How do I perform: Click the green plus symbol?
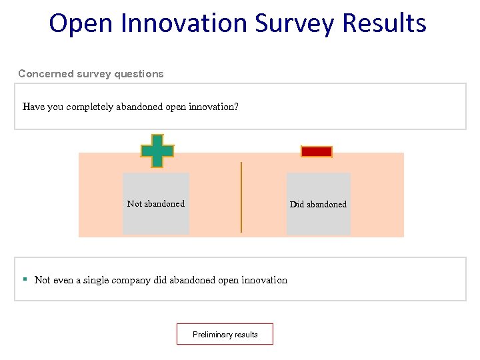click(157, 151)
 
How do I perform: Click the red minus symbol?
click(317, 152)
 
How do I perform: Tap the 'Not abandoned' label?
click(156, 204)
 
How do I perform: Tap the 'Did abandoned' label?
click(318, 205)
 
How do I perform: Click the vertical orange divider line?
click(241, 197)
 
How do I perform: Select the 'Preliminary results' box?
click(225, 335)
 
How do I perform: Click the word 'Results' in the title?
click(384, 23)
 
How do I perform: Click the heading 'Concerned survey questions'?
click(91, 74)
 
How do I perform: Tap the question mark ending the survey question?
click(236, 107)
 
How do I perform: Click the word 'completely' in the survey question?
click(91, 107)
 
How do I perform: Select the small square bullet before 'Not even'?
click(25, 279)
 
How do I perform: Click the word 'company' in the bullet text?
click(130, 280)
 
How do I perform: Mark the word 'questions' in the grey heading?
click(138, 74)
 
